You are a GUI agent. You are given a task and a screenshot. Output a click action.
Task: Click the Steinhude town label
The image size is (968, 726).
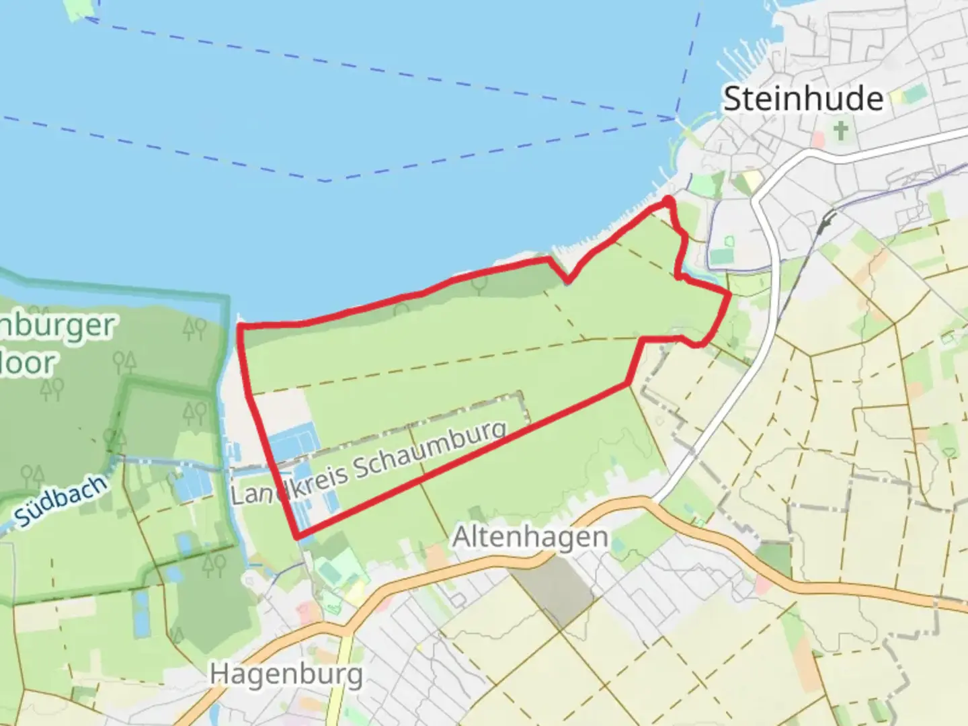pos(803,99)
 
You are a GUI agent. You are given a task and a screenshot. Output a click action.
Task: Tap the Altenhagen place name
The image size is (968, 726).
pos(530,537)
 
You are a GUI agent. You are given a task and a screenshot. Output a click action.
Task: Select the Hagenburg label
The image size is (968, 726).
pos(286,674)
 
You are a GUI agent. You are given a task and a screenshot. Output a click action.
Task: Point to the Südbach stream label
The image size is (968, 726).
pos(61,500)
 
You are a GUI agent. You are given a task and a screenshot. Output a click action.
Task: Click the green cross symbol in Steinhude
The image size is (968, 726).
pos(840,130)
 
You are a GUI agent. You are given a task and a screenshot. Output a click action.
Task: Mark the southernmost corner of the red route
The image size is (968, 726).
pos(296,537)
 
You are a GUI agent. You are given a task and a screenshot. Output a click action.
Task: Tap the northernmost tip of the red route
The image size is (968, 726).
pos(668,200)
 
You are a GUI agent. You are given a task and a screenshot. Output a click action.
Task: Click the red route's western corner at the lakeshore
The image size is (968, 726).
pos(240,326)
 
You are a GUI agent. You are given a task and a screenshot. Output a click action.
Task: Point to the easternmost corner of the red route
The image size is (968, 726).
pos(729,294)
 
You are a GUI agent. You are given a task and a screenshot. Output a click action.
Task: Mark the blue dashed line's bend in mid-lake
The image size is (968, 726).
pos(327,180)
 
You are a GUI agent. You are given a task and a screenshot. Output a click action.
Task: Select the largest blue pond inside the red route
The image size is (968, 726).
pos(292,440)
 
